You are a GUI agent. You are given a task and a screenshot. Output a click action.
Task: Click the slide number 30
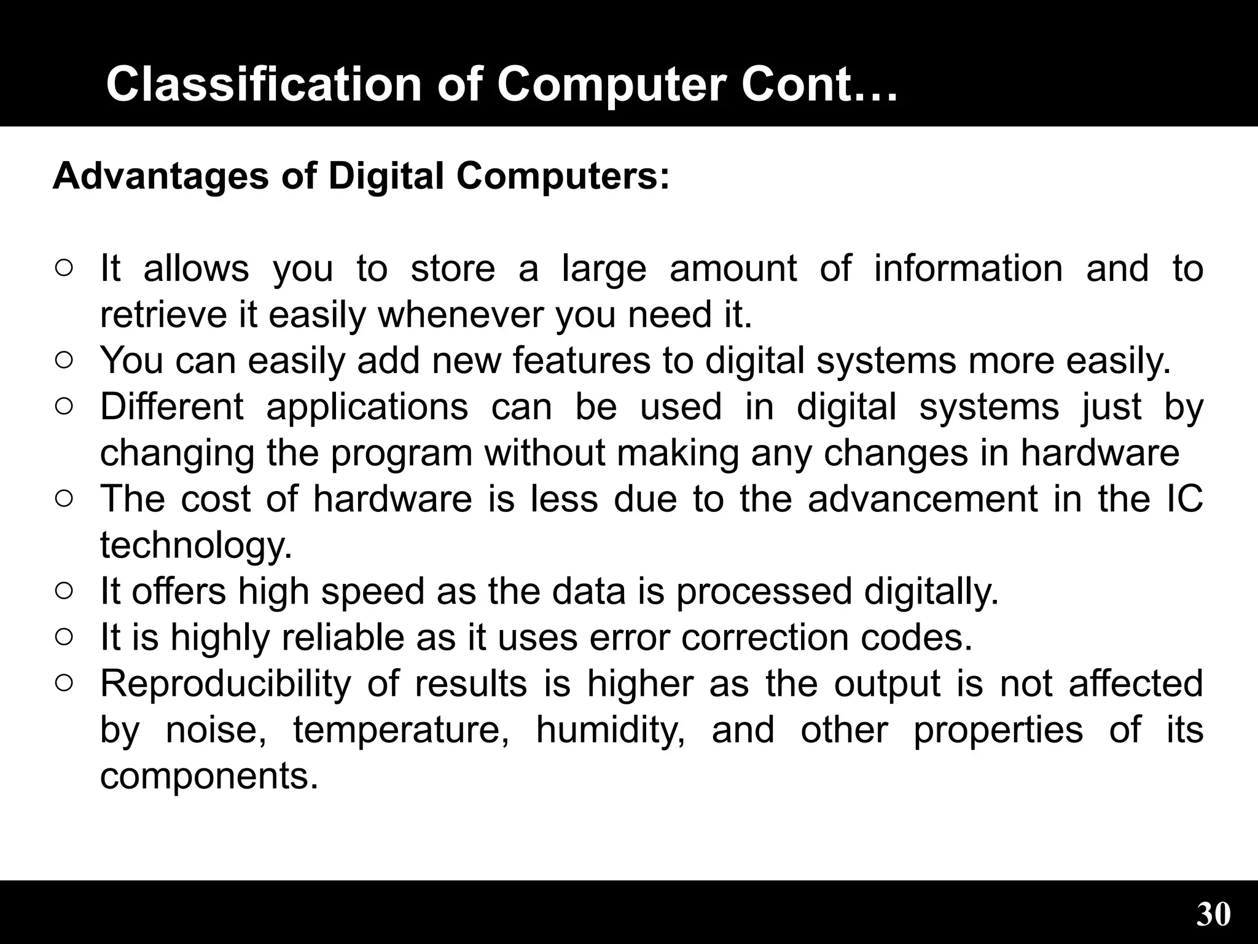coord(1213,914)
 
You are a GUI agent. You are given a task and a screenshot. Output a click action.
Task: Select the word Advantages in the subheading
coord(161,176)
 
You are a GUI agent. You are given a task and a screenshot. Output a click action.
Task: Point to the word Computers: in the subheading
coord(562,176)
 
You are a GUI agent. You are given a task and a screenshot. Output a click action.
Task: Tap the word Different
coord(172,406)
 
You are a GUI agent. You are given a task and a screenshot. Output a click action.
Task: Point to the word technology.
coord(196,546)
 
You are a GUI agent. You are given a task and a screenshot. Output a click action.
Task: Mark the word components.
coord(209,776)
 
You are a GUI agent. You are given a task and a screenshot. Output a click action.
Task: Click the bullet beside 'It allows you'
coord(64,268)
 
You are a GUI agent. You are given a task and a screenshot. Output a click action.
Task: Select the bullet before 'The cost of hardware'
coord(64,498)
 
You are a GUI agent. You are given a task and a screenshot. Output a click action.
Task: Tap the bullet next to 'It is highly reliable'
coord(64,637)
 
